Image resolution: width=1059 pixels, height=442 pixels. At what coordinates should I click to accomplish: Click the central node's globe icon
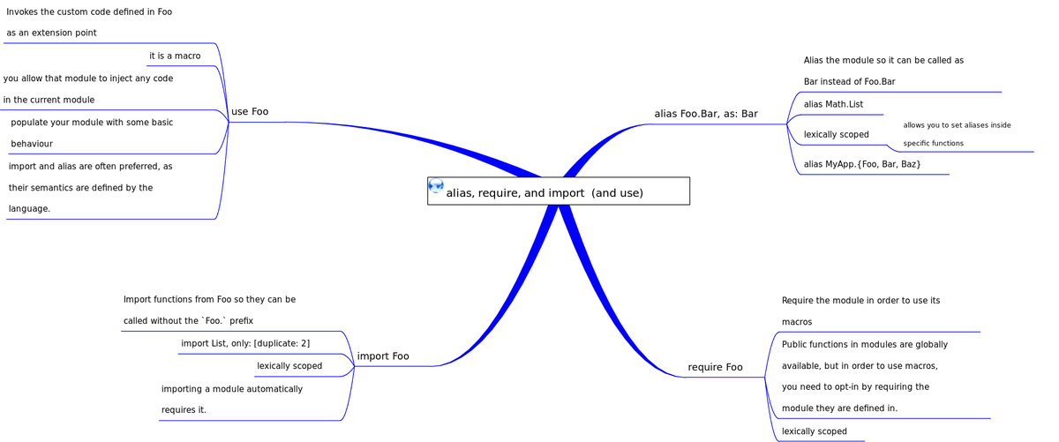pos(436,185)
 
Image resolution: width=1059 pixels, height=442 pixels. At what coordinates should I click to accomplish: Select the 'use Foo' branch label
pos(250,112)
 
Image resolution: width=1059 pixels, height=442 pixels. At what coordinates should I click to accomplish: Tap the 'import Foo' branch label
pos(383,356)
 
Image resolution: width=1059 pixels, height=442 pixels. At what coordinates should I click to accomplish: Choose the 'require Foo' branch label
pos(715,367)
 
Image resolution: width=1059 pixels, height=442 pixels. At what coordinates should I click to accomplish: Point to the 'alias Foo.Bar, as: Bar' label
pos(706,114)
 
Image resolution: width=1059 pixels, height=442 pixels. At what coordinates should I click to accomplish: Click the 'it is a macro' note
pos(175,56)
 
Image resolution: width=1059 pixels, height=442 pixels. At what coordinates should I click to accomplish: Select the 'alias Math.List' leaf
pos(833,105)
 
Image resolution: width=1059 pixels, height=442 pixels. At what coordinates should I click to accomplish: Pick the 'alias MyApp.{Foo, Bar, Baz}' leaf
pos(862,165)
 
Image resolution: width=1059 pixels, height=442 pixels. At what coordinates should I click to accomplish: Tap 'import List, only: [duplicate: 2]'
pos(245,343)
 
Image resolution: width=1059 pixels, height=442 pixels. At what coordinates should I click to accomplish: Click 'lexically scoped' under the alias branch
pos(837,135)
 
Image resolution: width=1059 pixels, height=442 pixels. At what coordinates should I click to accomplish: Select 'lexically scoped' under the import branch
pos(289,366)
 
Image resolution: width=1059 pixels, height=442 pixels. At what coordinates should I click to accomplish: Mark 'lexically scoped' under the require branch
pos(815,431)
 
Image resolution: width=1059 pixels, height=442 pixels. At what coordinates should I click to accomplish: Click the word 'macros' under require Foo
pos(797,323)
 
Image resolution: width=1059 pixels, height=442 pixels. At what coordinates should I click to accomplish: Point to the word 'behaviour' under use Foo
pos(32,144)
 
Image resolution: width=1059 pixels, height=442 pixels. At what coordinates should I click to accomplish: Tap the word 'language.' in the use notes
pos(29,209)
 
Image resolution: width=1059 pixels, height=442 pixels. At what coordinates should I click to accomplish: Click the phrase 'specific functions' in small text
pos(933,144)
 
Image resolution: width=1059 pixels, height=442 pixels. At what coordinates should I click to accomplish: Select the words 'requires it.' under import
pos(184,410)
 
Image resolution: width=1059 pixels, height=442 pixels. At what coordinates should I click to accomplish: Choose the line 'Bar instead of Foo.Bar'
pos(849,82)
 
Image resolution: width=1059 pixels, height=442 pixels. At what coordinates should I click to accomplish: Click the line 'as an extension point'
pos(51,33)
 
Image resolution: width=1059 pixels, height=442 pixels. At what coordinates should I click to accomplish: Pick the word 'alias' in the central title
pos(459,193)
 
